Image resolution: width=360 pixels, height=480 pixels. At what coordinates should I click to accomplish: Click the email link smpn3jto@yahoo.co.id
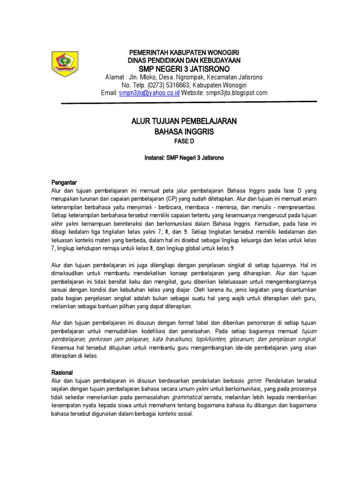[150, 93]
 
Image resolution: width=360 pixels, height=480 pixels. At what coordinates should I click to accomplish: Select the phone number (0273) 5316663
[168, 85]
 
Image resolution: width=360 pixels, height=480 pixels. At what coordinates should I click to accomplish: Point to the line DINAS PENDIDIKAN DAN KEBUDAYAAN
[184, 60]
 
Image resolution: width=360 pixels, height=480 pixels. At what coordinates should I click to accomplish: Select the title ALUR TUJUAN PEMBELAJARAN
[184, 122]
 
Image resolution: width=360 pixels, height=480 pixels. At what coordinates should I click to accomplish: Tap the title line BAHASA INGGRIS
[184, 132]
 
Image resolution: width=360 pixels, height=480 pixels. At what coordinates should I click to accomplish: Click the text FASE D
[184, 142]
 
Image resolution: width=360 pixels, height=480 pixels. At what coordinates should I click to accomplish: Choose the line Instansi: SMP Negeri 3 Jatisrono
[184, 158]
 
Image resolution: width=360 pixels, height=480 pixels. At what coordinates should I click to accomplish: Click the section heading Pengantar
[63, 182]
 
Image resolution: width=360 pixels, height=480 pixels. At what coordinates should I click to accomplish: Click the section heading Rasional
[62, 372]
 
